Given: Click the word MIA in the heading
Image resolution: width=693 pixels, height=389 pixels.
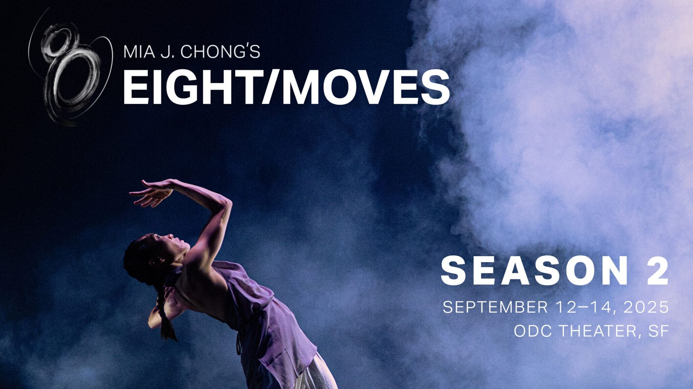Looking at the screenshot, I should (x=137, y=52).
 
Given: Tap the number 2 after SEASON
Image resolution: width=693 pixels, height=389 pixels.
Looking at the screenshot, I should (x=658, y=272).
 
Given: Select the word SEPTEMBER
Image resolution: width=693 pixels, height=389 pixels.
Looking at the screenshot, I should (x=495, y=307).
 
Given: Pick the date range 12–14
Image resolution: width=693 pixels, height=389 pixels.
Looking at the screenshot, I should (x=586, y=307).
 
